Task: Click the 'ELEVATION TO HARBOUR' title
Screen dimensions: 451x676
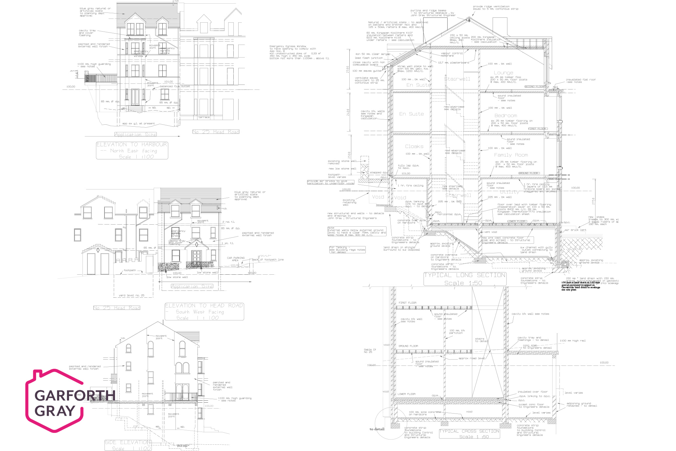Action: [132, 145]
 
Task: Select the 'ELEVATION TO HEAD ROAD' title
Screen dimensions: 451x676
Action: [204, 306]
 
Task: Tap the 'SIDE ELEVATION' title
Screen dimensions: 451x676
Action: [128, 442]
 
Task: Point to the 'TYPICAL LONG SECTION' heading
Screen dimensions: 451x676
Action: [464, 275]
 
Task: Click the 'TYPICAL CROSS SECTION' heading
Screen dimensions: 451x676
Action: [469, 431]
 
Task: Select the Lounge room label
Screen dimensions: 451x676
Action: [503, 73]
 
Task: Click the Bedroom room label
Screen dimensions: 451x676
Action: [505, 116]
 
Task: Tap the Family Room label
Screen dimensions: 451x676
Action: [511, 155]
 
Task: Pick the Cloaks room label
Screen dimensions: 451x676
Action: [414, 146]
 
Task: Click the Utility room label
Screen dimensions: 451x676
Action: [509, 192]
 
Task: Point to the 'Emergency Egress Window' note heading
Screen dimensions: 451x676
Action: [288, 46]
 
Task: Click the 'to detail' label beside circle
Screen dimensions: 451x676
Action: [377, 429]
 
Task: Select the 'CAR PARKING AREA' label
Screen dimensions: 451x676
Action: [236, 259]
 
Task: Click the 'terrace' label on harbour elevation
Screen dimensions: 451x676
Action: [204, 117]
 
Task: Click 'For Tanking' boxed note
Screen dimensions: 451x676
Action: [347, 250]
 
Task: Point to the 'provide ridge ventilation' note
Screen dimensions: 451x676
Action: [495, 8]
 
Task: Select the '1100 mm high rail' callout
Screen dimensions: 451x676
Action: [572, 340]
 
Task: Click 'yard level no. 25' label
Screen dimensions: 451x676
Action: [131, 295]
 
